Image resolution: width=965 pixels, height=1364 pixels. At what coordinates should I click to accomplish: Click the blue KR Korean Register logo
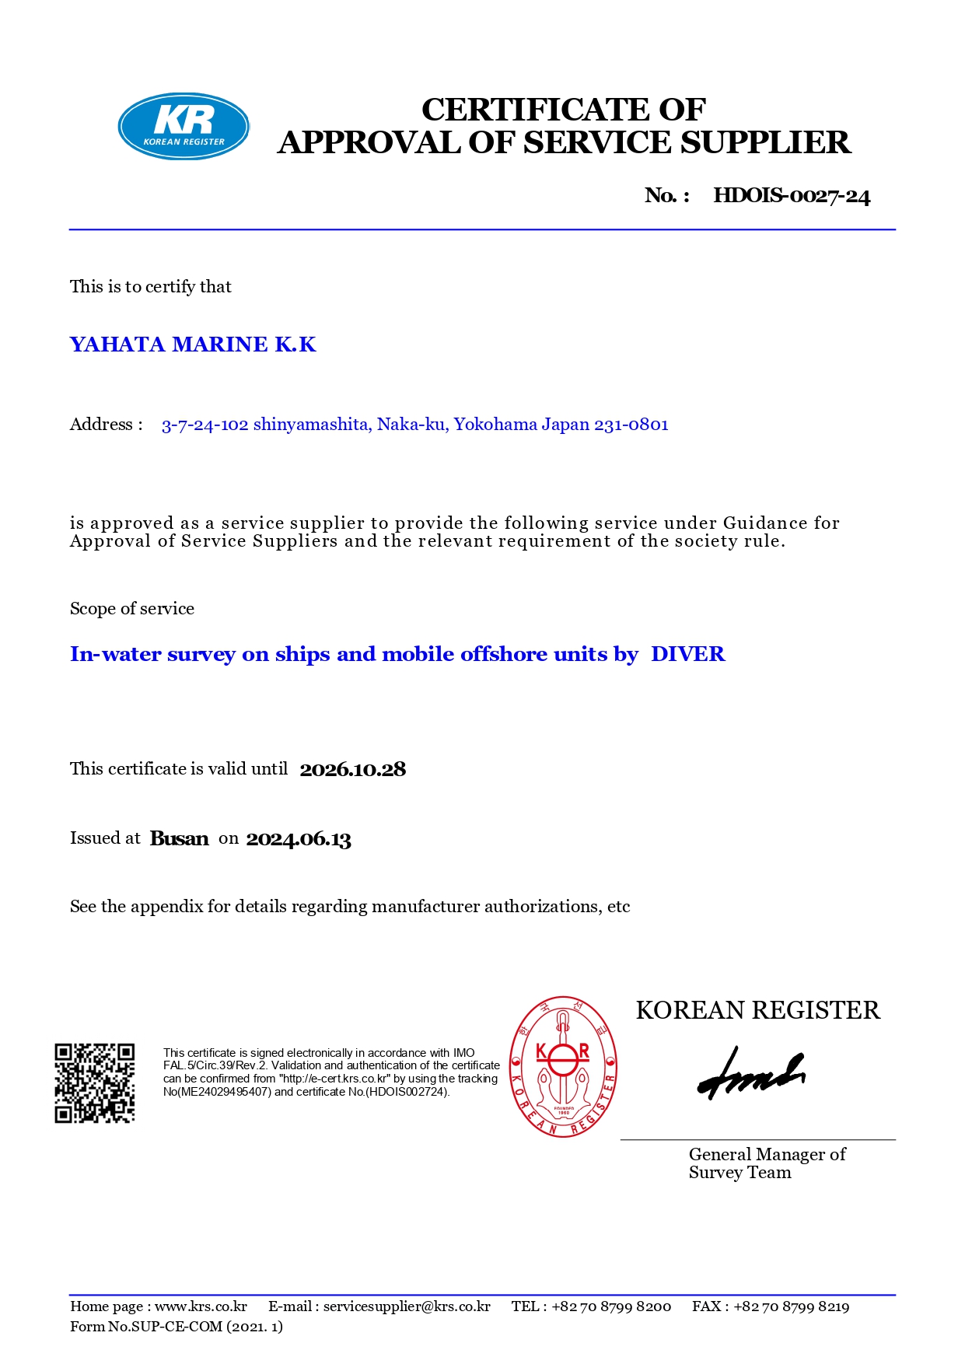click(x=184, y=127)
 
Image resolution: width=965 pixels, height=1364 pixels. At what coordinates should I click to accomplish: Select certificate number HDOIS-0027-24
click(x=792, y=195)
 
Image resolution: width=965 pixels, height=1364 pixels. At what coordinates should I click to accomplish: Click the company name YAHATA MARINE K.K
click(x=193, y=344)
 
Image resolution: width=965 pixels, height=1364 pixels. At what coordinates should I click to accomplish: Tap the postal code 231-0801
click(x=631, y=425)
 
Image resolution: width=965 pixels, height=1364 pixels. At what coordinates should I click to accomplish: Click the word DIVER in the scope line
click(x=687, y=654)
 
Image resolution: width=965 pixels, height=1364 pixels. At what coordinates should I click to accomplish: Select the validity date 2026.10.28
click(x=352, y=770)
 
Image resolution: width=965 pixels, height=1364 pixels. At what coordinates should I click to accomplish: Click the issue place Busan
click(x=179, y=838)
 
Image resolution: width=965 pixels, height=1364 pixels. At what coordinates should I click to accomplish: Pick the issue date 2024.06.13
click(x=299, y=839)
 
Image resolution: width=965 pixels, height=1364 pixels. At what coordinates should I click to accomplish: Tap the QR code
click(x=95, y=1082)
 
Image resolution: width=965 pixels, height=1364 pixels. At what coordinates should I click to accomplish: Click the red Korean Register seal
click(x=563, y=1067)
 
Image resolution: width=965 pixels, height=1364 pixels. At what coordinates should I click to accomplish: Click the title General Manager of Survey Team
click(x=766, y=1163)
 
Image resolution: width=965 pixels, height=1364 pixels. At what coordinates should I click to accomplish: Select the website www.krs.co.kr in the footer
click(x=201, y=1306)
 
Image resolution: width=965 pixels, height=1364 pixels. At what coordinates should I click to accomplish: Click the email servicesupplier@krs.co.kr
click(x=407, y=1306)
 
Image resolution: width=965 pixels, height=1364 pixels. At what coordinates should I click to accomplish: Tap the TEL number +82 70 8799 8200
click(x=610, y=1306)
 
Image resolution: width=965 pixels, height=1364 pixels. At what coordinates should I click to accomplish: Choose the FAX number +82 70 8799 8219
click(x=791, y=1306)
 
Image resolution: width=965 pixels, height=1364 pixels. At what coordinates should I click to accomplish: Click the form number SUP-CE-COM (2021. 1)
click(x=195, y=1327)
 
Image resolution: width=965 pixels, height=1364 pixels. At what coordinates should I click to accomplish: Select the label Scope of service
click(x=132, y=609)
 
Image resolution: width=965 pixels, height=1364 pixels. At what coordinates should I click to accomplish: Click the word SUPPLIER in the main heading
click(x=765, y=143)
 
